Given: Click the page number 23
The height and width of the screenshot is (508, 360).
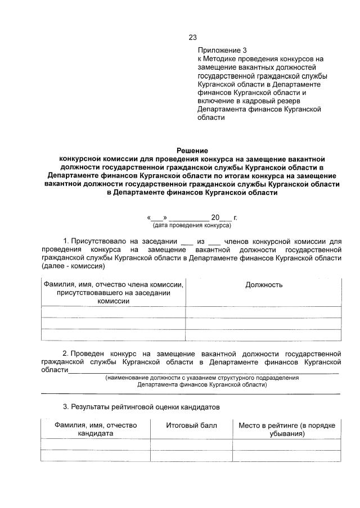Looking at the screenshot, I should (192, 38).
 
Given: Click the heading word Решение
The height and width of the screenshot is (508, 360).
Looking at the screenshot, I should (192, 151).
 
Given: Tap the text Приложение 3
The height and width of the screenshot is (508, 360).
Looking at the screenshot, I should (222, 50).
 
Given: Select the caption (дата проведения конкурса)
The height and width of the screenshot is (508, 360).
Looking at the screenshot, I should (192, 225).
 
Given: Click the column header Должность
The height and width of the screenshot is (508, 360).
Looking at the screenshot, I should (264, 285).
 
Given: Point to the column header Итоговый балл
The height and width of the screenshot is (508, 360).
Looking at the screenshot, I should (191, 425).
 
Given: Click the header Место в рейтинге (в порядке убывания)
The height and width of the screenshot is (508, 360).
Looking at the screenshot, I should (287, 430).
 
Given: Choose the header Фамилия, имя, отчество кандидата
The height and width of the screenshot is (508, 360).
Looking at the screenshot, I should (96, 430).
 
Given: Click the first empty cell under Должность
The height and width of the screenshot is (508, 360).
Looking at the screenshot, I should (263, 312).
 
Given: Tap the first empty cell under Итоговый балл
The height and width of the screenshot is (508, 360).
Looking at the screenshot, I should (191, 444).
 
